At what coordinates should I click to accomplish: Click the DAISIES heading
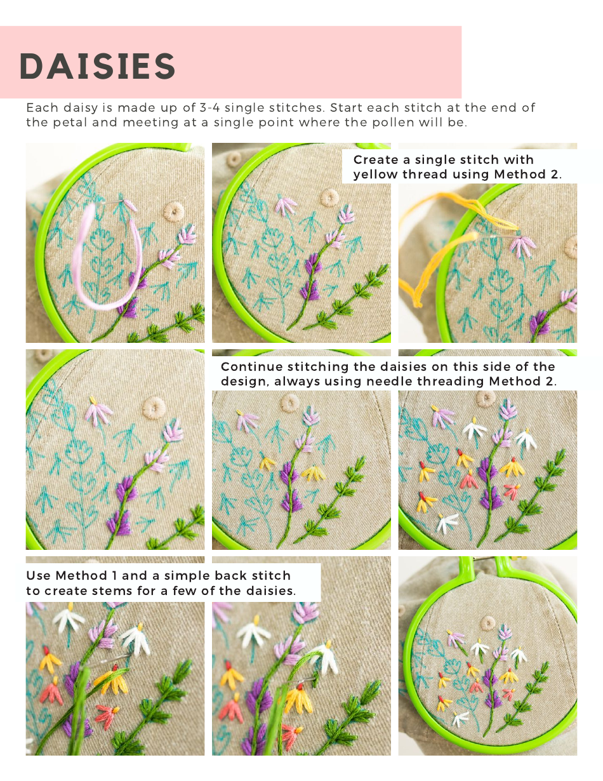tap(97, 65)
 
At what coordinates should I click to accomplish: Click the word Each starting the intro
tap(39, 108)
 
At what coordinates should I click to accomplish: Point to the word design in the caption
tap(244, 382)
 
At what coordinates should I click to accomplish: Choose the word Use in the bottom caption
tap(38, 576)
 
